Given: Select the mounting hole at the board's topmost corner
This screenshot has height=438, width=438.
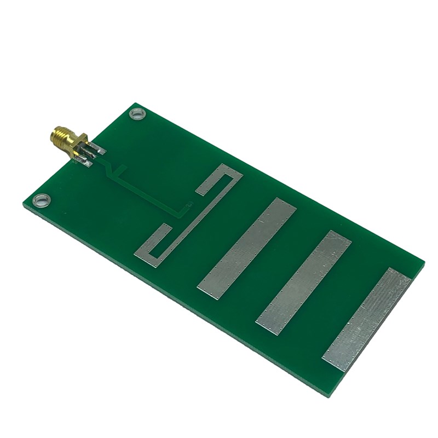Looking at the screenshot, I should click(x=136, y=114).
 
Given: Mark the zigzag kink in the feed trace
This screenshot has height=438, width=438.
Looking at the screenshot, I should click(x=113, y=172).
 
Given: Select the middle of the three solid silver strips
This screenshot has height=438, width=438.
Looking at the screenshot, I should click(x=304, y=282).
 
